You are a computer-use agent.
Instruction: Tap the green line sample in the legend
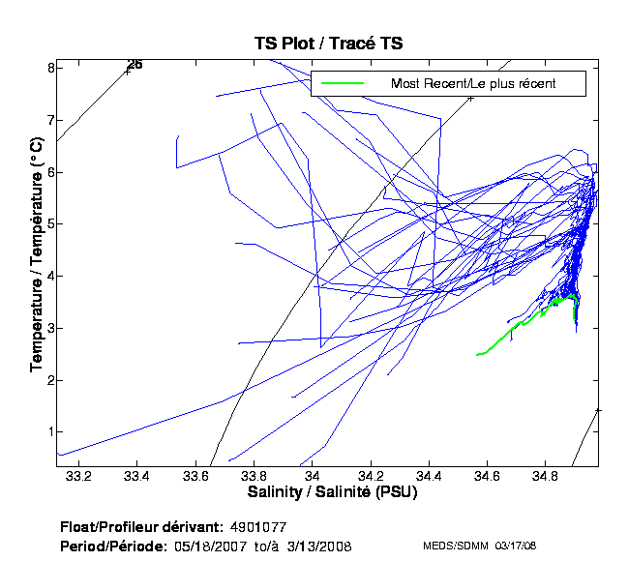click(x=343, y=84)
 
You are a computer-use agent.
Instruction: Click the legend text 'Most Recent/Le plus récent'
click(x=473, y=84)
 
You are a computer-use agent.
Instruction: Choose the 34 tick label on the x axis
click(x=312, y=477)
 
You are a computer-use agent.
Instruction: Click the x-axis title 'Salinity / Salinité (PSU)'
click(x=329, y=494)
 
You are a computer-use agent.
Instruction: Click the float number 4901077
click(x=259, y=528)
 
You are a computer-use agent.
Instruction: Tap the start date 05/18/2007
click(x=210, y=546)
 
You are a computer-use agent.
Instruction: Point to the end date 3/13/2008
click(x=318, y=546)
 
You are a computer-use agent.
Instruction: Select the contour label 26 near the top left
click(x=135, y=65)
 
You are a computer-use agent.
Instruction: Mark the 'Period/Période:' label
click(x=114, y=546)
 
